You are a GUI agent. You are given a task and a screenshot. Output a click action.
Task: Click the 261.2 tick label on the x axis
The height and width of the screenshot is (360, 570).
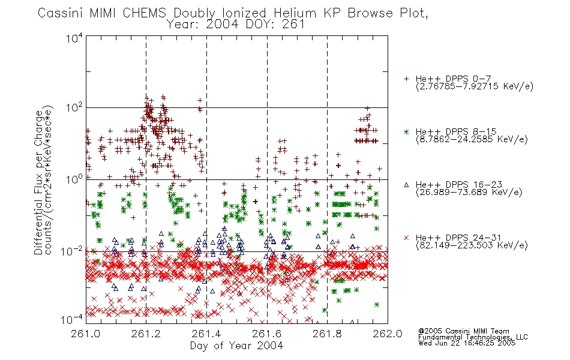pos(146,334)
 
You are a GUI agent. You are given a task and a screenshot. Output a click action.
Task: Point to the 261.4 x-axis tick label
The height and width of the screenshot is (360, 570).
pos(206,334)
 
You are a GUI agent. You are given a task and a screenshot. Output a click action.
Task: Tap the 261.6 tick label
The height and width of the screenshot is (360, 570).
pos(267,334)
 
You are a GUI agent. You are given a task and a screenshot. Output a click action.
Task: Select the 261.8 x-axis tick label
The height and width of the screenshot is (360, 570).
pos(327,334)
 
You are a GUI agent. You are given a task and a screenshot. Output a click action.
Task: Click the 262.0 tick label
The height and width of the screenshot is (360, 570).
pos(388,334)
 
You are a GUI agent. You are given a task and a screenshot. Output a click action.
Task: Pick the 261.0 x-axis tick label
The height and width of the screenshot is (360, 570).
pos(86,334)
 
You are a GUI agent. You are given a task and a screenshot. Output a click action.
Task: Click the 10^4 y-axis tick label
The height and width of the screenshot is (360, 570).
pos(74,38)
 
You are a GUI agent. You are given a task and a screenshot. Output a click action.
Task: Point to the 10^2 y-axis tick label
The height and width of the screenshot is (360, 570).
pos(74,107)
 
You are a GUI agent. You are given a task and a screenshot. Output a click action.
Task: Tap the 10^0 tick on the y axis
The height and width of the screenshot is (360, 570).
pos(74,179)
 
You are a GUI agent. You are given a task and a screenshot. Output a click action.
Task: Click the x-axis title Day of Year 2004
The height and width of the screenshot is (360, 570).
pos(236,346)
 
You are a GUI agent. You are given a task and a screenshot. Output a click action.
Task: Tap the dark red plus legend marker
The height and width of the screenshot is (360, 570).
pos(406,79)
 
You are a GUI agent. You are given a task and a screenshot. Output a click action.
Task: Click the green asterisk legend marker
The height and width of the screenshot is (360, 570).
pos(406,131)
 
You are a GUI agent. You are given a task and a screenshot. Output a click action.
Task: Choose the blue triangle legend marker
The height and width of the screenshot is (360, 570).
pos(406,185)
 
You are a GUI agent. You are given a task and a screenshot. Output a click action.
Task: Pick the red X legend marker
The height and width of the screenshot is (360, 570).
pos(406,238)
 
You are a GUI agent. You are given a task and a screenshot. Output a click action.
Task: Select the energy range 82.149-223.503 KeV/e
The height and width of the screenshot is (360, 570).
pos(472,245)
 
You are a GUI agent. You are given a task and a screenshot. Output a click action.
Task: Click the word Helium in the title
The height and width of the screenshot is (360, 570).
pos(295,13)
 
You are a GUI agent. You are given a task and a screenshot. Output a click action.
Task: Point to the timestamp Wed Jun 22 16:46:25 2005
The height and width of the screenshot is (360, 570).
pos(467,343)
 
